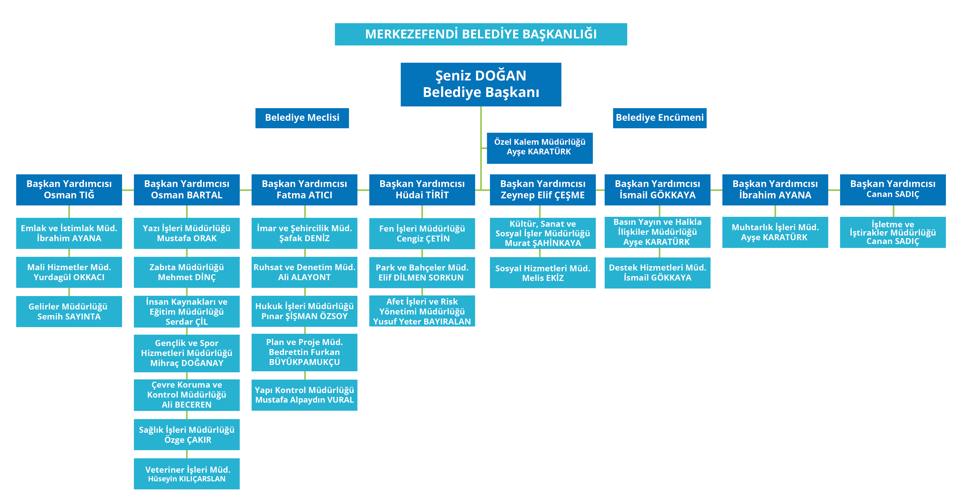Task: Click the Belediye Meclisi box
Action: point(302,118)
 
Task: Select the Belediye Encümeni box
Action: point(660,118)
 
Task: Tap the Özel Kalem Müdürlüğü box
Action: point(540,148)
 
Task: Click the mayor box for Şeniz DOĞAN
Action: point(481,84)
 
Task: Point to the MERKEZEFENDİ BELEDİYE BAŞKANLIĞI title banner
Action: point(481,34)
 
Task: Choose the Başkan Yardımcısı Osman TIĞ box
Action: point(69,190)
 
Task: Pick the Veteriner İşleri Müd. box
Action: point(187,473)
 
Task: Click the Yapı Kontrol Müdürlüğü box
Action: point(304,395)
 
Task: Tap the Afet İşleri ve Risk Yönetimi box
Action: point(422,311)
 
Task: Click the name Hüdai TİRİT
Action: point(422,195)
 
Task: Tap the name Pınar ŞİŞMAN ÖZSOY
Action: point(304,317)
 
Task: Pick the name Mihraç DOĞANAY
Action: point(187,363)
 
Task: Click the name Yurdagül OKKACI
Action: point(69,277)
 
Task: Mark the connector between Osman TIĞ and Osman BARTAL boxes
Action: point(128,190)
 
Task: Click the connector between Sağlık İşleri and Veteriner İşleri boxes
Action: point(187,454)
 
